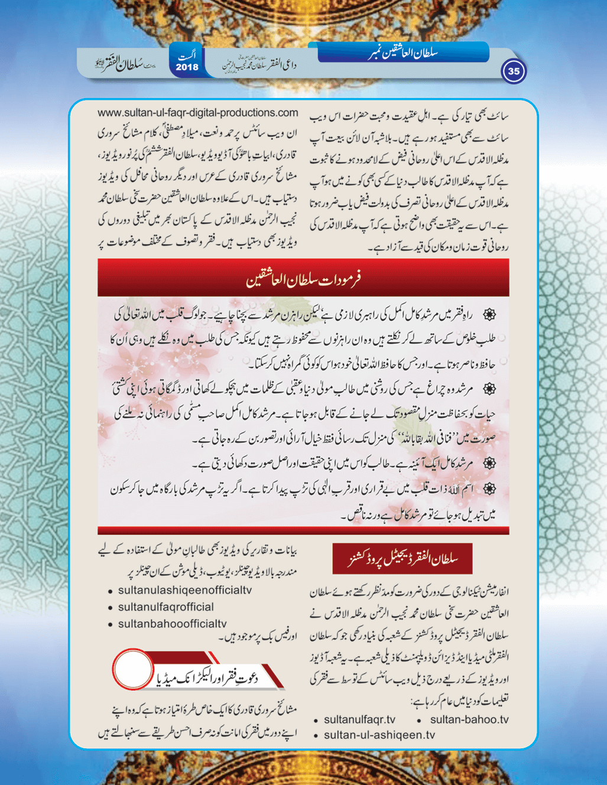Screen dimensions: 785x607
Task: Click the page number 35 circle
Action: point(514,71)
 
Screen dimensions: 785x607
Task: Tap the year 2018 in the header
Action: point(187,67)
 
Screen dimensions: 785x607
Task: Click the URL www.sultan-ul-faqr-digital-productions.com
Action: point(197,112)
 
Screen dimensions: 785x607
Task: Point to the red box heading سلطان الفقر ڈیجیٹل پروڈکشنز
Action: point(402,559)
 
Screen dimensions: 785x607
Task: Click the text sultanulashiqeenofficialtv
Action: point(184,590)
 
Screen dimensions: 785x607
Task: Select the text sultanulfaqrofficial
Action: point(165,607)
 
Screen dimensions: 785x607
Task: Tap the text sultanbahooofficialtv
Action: point(172,624)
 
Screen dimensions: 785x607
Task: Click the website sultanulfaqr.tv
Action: point(359,719)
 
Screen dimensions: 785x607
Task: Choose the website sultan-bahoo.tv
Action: point(469,719)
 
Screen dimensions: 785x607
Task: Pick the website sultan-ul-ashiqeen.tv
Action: point(379,735)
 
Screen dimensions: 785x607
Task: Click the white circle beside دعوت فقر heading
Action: point(132,669)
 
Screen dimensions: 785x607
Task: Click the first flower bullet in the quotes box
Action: point(489,314)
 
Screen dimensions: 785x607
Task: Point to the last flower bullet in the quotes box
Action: point(489,489)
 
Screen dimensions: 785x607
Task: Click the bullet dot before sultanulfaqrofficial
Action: point(111,608)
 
